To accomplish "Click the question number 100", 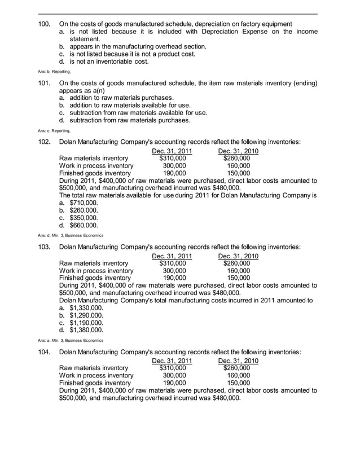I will tap(43, 24).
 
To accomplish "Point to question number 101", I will tap(43, 83).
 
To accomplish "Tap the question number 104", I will tap(43, 352).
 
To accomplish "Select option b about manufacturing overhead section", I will tap(133, 46).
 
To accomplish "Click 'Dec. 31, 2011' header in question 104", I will tap(172, 361).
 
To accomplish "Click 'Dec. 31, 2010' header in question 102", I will tap(238, 151).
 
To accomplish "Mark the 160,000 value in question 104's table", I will tap(238, 376).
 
